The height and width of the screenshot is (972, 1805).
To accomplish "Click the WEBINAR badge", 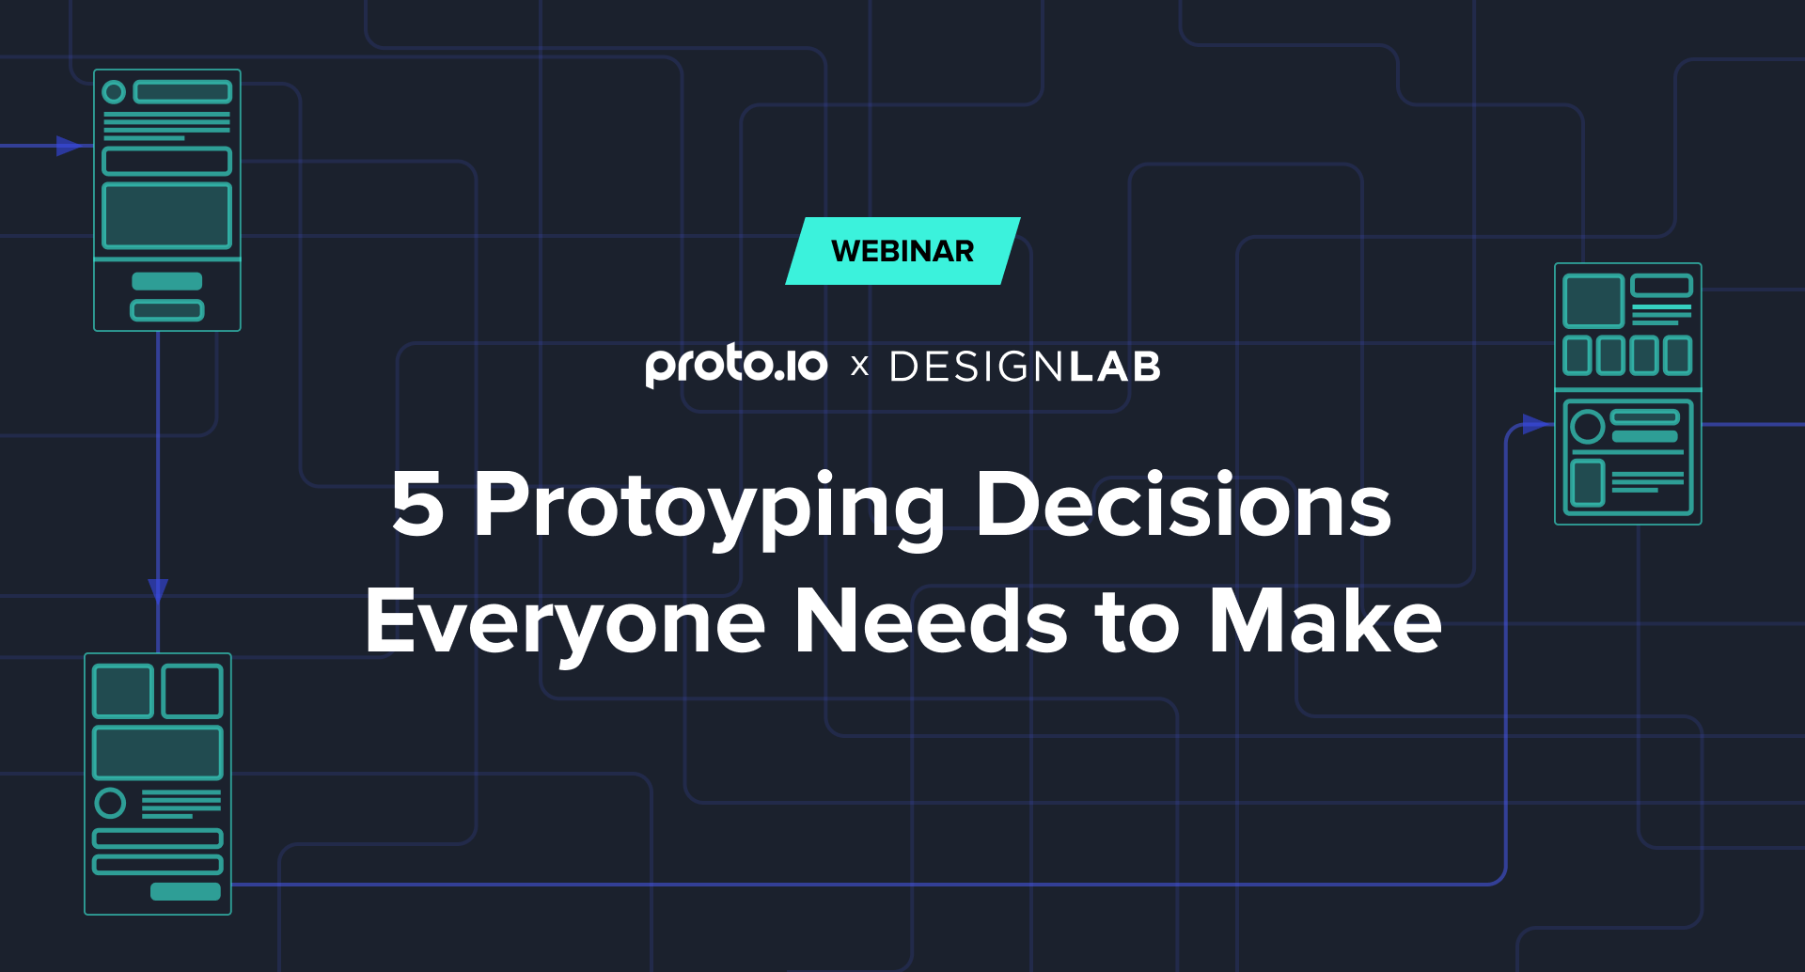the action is click(902, 251).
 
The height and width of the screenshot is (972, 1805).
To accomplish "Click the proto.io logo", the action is click(736, 366).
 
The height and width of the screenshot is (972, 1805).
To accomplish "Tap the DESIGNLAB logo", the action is click(1025, 367).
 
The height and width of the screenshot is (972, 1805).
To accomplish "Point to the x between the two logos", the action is click(859, 367).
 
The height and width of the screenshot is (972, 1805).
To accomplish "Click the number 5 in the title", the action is click(418, 504).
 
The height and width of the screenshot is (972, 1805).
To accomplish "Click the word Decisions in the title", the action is click(1184, 504).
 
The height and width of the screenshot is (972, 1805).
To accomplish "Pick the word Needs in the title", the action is click(932, 619).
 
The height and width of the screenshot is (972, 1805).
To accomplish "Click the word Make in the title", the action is click(1325, 619).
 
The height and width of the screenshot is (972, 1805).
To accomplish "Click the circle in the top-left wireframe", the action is click(114, 92).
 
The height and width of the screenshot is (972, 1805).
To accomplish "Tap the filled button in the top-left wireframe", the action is click(167, 281).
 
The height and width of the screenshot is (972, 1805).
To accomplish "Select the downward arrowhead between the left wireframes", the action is click(158, 590).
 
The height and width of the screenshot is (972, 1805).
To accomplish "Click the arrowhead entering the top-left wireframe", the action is click(70, 146).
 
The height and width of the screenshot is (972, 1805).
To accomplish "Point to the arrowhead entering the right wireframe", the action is click(1536, 425).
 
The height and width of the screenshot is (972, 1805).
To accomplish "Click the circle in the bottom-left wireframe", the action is click(110, 803).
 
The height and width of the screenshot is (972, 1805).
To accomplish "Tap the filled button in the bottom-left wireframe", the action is click(186, 891).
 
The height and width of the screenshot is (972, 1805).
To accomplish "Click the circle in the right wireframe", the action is click(1588, 427).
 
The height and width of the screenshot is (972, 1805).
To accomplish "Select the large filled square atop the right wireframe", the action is click(1593, 301).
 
